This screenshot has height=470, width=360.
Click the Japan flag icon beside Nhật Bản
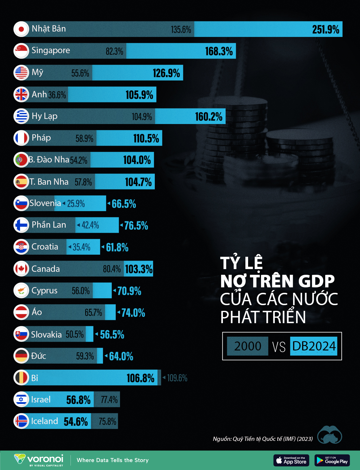pyautogui.click(x=21, y=29)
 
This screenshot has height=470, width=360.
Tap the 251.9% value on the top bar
pyautogui.click(x=325, y=29)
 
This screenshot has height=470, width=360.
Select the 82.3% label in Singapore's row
pyautogui.click(x=114, y=51)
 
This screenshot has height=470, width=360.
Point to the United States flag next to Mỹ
pyautogui.click(x=21, y=73)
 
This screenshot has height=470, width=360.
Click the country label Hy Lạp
pyautogui.click(x=44, y=116)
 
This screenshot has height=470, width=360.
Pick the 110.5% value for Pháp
pyautogui.click(x=146, y=138)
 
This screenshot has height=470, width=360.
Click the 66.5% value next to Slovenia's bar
pyautogui.click(x=124, y=204)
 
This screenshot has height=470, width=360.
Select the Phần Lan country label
pyautogui.click(x=49, y=225)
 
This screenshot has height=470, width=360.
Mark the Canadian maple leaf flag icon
pyautogui.click(x=21, y=268)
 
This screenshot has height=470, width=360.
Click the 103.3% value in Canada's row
pyautogui.click(x=139, y=269)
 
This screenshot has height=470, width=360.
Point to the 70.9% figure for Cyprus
pyautogui.click(x=129, y=291)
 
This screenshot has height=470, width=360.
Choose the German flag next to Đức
pyautogui.click(x=21, y=356)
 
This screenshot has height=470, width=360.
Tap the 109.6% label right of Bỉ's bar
pyautogui.click(x=177, y=378)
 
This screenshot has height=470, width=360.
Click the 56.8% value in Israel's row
pyautogui.click(x=78, y=400)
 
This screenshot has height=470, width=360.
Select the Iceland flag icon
pyautogui.click(x=21, y=421)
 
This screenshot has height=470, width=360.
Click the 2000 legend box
pyautogui.click(x=247, y=346)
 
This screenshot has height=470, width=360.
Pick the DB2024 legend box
pyautogui.click(x=314, y=346)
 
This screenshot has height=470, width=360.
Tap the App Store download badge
pyautogui.click(x=291, y=460)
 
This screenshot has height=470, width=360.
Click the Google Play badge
pyautogui.click(x=332, y=460)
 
